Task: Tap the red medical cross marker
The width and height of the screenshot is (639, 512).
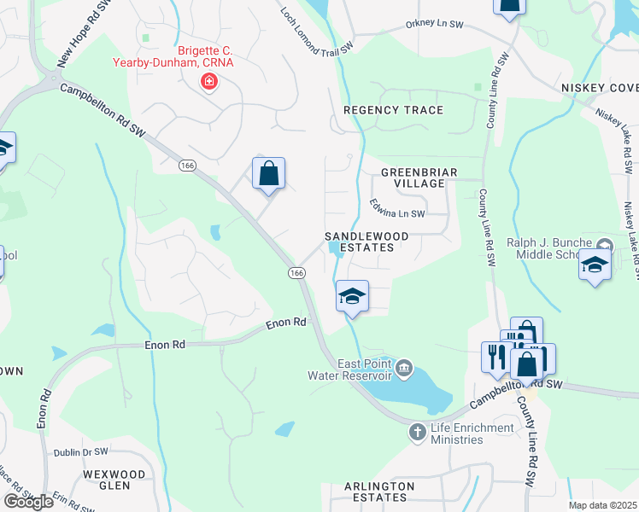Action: coord(208,82)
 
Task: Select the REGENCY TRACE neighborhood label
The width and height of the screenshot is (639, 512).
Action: coord(393,111)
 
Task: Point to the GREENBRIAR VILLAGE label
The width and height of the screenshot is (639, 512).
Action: coord(419,177)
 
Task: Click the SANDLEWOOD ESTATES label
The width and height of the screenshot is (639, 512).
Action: coord(361,241)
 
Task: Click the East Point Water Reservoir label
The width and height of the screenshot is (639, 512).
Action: coord(352,369)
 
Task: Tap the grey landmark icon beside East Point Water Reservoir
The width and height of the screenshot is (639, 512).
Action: coord(405,369)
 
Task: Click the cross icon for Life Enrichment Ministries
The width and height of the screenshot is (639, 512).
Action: coord(418,433)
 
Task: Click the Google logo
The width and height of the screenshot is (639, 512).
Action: coord(29,502)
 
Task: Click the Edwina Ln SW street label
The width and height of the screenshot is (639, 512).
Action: coord(397,208)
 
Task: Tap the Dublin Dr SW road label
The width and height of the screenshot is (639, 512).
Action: coord(81,451)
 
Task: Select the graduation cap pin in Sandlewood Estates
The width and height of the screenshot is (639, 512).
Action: coord(352,296)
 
